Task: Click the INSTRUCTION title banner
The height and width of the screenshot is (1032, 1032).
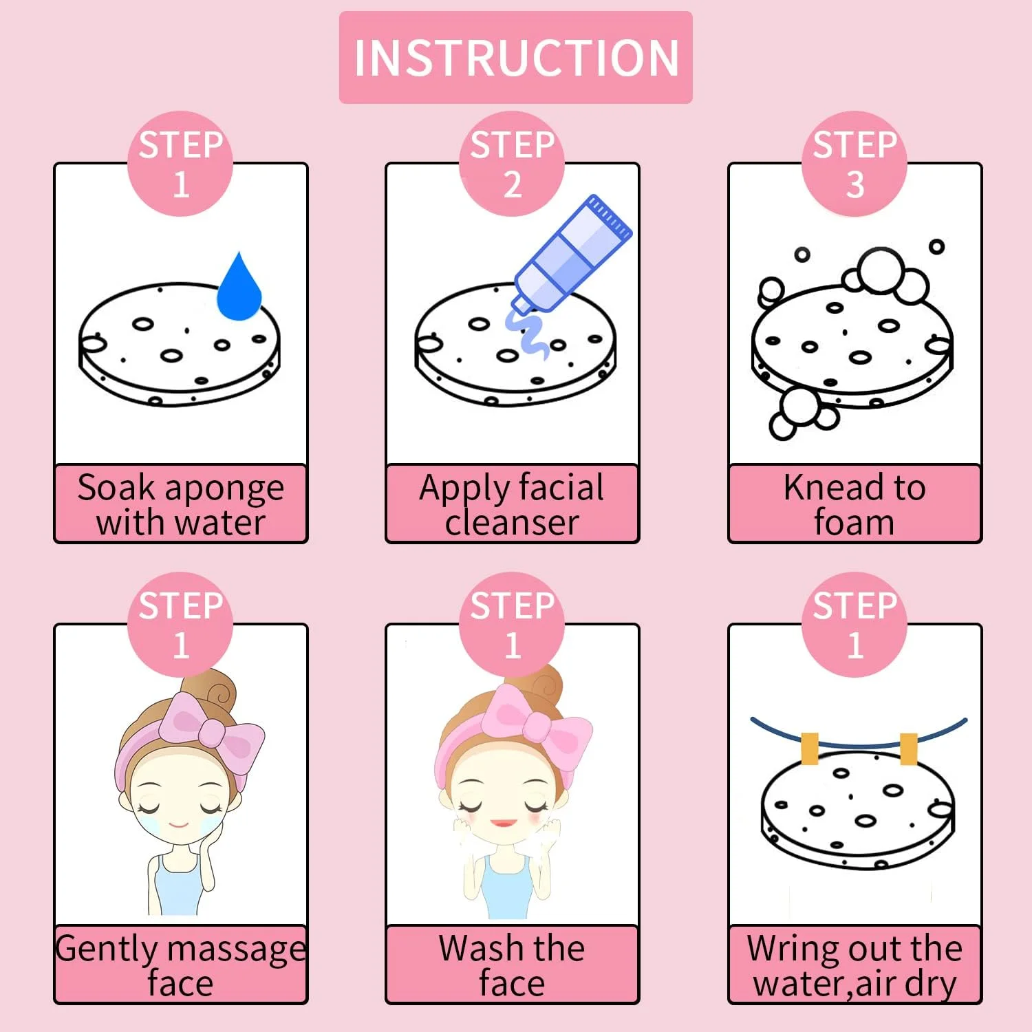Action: pos(515,57)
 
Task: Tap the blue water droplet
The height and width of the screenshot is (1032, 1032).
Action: pos(239,288)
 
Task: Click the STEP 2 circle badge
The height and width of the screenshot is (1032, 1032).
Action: pos(512,164)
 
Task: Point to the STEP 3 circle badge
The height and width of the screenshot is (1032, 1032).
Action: pos(854,164)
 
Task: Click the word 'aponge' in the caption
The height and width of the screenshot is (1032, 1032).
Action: pos(224,488)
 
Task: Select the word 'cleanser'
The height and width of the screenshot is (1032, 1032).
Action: pos(512,522)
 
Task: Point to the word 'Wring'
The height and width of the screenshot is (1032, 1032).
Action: pos(789,950)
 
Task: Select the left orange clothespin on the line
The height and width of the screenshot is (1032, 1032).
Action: pos(810,749)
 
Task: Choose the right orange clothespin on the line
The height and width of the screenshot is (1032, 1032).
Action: pos(908,749)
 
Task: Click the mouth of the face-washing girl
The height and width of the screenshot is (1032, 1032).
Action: pos(504,823)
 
